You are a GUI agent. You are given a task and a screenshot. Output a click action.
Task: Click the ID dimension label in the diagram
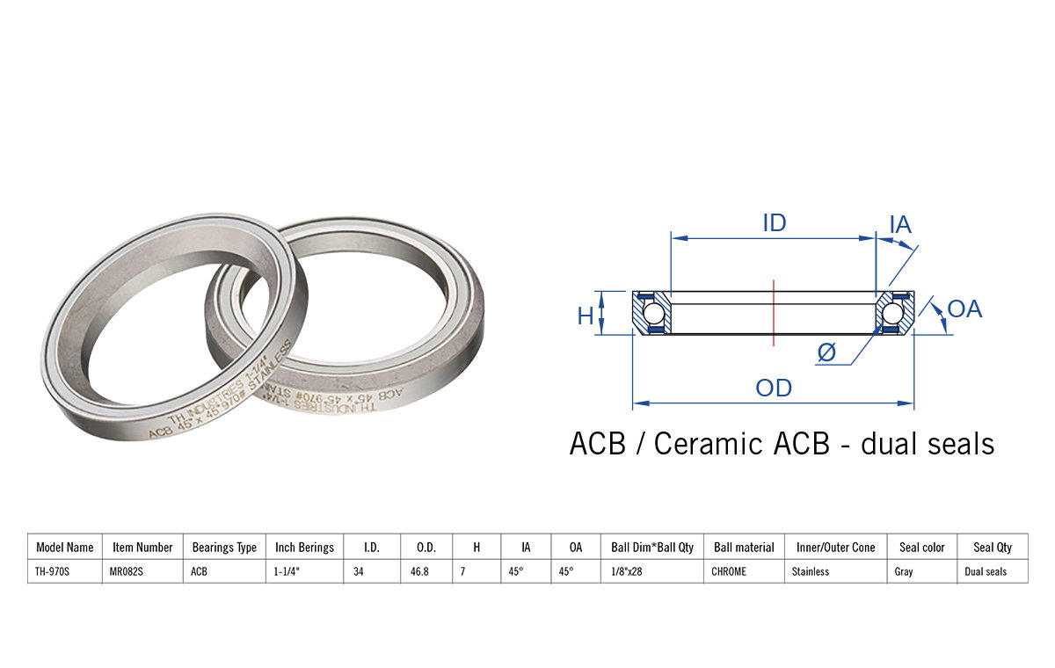775,223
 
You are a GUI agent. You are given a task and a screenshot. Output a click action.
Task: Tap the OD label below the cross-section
774,388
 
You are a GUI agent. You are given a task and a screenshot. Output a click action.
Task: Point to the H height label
586,316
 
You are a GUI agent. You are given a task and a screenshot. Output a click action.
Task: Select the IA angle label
900,224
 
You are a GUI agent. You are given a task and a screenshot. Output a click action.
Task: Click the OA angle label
964,309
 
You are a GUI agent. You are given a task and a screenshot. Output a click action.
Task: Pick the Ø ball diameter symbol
826,352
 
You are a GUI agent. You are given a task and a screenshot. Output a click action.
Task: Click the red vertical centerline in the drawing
774,313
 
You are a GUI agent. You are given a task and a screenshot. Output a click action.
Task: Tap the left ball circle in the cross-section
652,314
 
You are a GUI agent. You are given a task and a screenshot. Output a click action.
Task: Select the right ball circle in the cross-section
892,314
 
